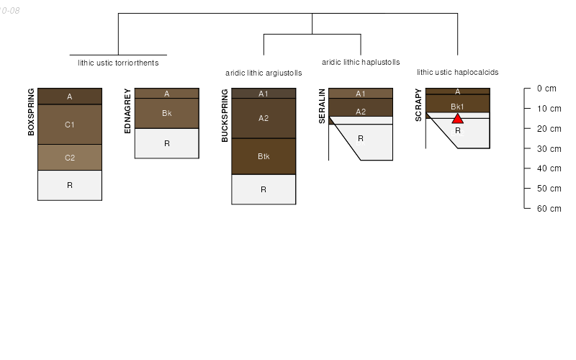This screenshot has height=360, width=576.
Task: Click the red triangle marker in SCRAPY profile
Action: pos(457,118)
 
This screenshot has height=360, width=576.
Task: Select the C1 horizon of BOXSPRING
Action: pos(70,125)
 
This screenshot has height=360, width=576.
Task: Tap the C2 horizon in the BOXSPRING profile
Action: pos(70,158)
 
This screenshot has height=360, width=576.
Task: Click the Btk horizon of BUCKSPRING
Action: pos(264,156)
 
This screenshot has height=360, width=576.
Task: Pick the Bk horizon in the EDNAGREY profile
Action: pos(167,114)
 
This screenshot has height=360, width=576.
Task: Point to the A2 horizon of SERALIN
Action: pos(361,112)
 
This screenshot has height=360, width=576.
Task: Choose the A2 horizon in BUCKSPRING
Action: pos(264,118)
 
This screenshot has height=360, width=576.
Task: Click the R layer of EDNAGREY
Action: pos(167,143)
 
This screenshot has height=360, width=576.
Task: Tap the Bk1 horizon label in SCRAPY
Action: pos(457,107)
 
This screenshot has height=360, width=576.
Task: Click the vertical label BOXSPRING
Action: pos(31,112)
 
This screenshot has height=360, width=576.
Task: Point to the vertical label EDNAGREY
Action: pos(127,110)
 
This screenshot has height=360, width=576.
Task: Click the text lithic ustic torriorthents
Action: pos(118,63)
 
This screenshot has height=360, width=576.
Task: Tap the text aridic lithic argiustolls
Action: pos(264,73)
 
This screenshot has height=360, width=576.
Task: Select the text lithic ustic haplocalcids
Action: pos(457,72)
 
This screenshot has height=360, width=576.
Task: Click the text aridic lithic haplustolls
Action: pos(361,63)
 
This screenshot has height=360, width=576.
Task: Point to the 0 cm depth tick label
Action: pos(546,89)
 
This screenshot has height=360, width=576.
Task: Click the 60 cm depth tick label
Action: pos(549,209)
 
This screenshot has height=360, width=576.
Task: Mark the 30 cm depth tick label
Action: pos(549,148)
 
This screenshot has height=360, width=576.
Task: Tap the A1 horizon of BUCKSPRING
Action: pos(264,94)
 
